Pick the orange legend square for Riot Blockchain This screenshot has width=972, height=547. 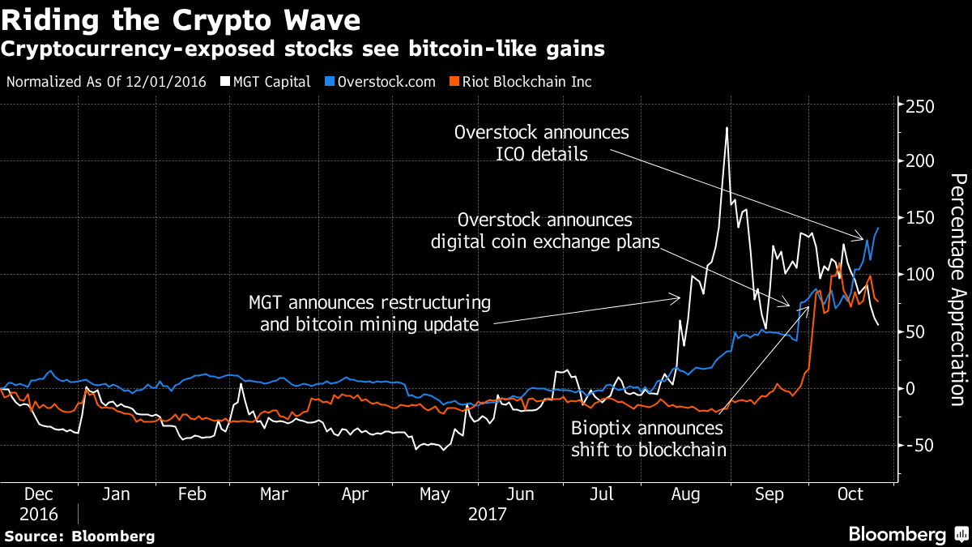455,82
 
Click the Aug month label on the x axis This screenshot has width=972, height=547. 687,494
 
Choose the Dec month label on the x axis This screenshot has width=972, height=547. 39,494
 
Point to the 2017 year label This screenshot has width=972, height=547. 486,513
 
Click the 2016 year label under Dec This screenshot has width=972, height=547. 39,513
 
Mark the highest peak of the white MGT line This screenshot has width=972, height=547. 727,128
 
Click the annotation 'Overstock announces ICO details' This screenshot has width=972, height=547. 541,142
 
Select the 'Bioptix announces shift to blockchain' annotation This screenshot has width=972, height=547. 647,438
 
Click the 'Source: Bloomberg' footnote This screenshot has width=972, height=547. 79,536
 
